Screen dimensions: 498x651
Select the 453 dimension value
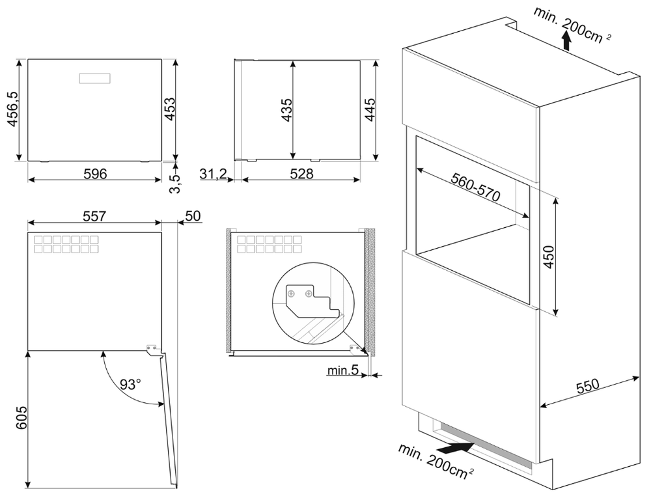[168, 109]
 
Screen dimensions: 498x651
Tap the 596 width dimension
[94, 173]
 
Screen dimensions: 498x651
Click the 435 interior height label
[284, 109]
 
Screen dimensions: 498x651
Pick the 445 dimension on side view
[369, 109]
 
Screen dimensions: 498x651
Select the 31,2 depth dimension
[212, 173]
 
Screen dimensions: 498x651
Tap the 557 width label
[94, 215]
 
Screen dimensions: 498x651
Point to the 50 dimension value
[193, 215]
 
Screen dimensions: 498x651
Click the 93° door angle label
[130, 384]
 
